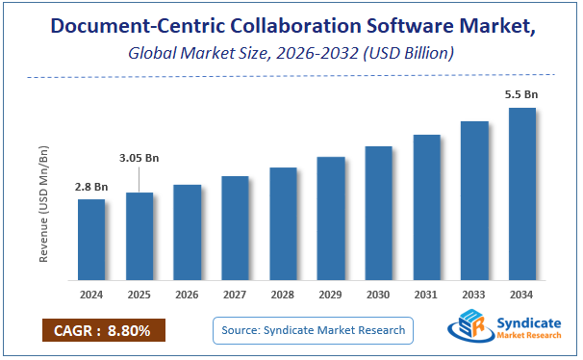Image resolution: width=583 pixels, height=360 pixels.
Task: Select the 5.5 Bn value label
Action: (x=520, y=95)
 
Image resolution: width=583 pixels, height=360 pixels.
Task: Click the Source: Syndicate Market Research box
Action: (x=313, y=330)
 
